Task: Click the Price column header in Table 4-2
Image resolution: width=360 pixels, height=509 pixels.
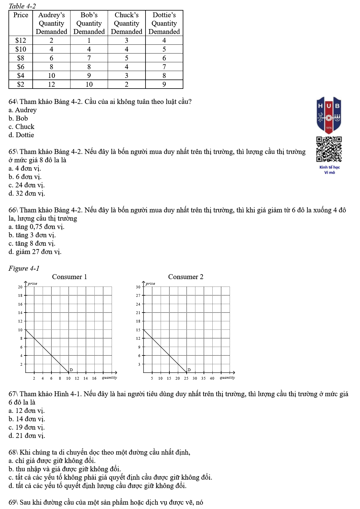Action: click(x=21, y=15)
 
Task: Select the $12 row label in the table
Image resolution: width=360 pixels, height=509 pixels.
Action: click(x=21, y=41)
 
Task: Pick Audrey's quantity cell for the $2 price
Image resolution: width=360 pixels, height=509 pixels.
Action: click(x=51, y=84)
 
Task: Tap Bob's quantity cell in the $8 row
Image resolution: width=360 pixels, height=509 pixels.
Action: click(x=89, y=58)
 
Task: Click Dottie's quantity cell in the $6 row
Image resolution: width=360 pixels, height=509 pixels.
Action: click(x=164, y=67)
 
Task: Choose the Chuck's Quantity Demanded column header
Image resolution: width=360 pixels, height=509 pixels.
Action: click(x=126, y=23)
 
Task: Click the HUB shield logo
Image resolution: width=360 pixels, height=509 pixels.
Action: click(x=329, y=115)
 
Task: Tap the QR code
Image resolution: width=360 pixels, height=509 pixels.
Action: click(x=329, y=149)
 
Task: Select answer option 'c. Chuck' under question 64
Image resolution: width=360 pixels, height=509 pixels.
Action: click(x=21, y=127)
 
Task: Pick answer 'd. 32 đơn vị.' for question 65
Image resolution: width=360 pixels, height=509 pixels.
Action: click(x=27, y=193)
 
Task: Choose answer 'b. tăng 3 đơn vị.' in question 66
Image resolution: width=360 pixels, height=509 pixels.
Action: click(x=32, y=235)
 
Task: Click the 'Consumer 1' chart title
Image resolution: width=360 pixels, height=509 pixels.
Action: click(x=69, y=277)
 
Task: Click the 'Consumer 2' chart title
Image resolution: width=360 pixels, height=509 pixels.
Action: click(x=186, y=277)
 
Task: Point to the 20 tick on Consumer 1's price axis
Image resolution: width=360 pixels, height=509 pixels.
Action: click(x=20, y=287)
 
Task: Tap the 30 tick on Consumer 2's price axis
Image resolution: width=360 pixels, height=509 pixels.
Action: click(x=138, y=287)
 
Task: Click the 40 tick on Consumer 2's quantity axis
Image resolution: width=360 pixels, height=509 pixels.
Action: click(x=212, y=378)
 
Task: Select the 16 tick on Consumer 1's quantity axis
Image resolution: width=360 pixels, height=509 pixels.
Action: click(x=94, y=378)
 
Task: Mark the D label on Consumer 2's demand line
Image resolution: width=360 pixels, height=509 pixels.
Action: click(x=189, y=370)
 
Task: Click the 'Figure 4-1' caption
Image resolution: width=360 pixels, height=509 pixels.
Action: click(x=24, y=268)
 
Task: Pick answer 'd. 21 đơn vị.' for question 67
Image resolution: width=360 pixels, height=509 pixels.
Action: click(x=27, y=436)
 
